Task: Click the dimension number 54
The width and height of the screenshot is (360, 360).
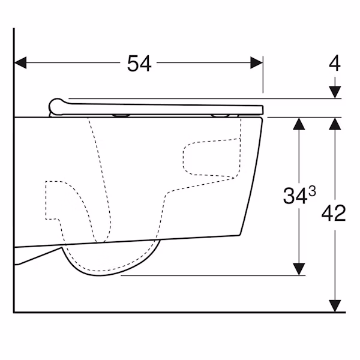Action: click(x=139, y=64)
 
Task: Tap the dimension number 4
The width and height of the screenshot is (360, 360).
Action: click(x=335, y=63)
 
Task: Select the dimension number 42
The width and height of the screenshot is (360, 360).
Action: click(x=334, y=213)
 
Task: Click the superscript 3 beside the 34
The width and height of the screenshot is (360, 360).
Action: click(x=312, y=191)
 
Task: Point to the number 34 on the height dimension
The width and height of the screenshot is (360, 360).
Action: click(x=295, y=196)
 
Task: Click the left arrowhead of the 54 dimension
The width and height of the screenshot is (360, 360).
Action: click(x=20, y=62)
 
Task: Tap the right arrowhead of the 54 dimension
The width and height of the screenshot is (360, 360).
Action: click(x=256, y=62)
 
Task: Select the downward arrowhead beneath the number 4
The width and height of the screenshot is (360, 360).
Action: click(x=335, y=92)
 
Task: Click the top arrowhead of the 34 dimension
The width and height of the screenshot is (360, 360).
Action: click(x=299, y=124)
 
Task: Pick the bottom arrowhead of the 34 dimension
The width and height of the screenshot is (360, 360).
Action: click(x=299, y=269)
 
